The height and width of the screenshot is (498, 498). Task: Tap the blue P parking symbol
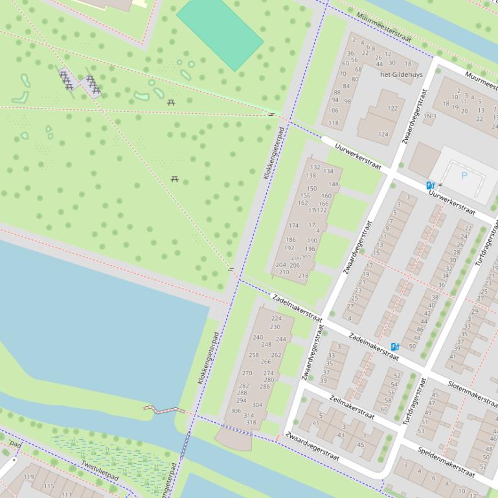tap(464, 175)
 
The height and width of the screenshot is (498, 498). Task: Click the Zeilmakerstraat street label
tap(352, 407)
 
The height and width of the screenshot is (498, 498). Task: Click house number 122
tap(392, 109)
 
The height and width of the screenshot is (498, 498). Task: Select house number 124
tap(383, 135)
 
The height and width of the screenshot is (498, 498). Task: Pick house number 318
tap(249, 423)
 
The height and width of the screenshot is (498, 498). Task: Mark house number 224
tap(276, 318)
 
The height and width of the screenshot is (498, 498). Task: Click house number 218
tap(303, 276)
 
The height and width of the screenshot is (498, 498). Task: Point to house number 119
tap(28, 477)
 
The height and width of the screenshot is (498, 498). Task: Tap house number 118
tap(333, 123)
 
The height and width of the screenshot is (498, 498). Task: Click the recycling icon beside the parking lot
tap(430, 186)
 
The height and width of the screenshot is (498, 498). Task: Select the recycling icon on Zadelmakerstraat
tap(394, 347)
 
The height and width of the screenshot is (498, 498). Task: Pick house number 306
tap(236, 411)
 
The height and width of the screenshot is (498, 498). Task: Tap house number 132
tap(315, 168)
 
